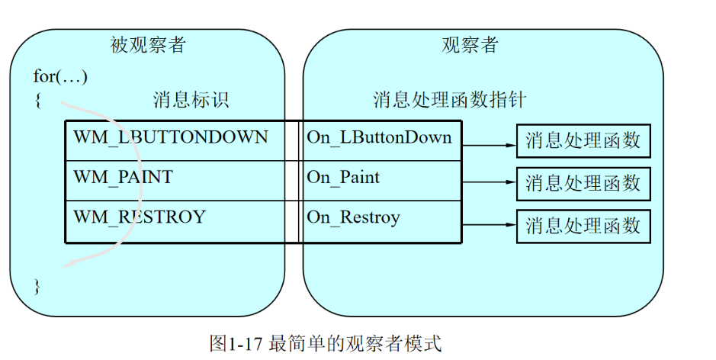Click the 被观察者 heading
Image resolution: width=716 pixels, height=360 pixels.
[148, 45]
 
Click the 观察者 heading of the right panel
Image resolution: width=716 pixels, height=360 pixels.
[470, 45]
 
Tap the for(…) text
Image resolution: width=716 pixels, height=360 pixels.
[60, 76]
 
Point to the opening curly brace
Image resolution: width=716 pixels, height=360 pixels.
[38, 100]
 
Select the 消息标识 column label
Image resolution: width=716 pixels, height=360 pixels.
[191, 100]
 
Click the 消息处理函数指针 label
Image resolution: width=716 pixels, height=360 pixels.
[449, 100]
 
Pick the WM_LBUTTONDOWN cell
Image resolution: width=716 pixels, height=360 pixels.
[171, 137]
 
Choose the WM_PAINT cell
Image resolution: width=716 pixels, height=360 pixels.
[123, 178]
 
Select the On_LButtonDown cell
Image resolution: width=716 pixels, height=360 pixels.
[379, 138]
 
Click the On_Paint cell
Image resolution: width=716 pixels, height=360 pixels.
[343, 178]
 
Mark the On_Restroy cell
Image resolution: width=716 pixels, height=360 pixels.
[353, 217]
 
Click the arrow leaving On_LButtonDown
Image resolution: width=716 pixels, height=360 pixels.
[489, 144]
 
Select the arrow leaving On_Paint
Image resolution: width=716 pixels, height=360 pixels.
[489, 182]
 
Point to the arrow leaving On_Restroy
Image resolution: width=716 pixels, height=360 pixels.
[489, 224]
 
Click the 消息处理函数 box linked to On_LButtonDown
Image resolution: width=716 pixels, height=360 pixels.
[583, 141]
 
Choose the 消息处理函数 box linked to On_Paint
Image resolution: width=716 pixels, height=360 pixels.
[583, 183]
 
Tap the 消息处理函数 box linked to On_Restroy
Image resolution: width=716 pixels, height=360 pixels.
[583, 226]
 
